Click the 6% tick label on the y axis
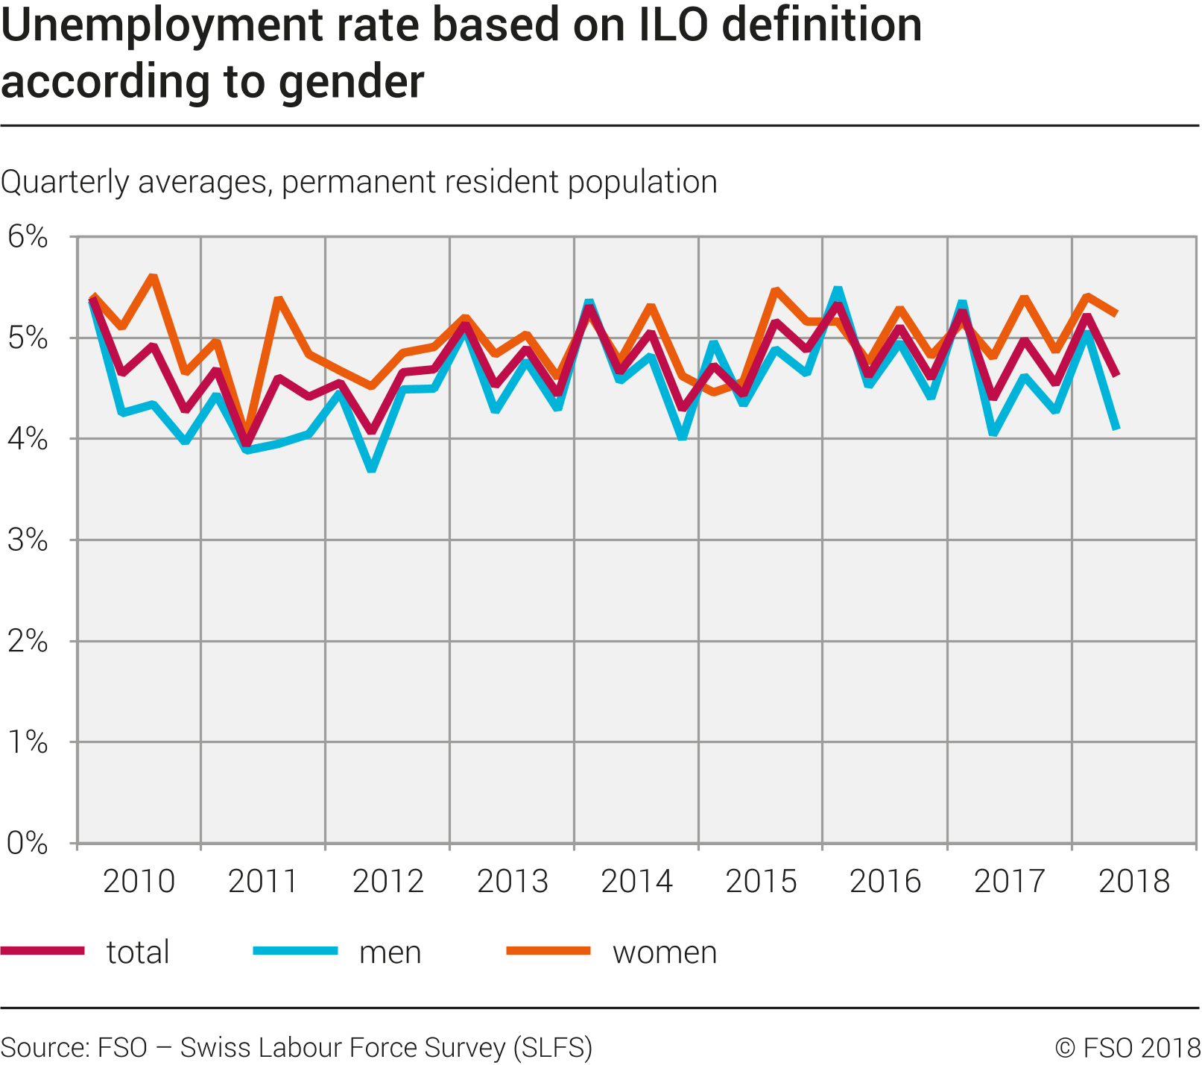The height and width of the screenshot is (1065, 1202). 28,238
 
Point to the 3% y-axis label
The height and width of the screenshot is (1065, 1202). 28,540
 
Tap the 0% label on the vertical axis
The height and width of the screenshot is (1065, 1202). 28,844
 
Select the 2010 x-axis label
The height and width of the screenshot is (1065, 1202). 139,882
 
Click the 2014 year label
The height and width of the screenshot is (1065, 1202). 636,882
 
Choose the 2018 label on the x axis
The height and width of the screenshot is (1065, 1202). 1134,882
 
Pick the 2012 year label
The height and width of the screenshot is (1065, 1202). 388,882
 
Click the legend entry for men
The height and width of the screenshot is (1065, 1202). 390,952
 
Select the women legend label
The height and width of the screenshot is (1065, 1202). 664,952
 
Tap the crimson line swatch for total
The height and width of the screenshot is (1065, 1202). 42,950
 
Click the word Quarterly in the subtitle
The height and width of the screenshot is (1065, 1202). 66,183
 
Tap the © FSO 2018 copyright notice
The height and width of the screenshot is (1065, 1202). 1127,1048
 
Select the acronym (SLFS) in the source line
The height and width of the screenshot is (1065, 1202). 552,1048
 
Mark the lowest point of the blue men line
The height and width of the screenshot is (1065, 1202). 372,470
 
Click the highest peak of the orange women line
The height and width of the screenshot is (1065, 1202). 153,277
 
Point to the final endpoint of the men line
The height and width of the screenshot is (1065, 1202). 1116,429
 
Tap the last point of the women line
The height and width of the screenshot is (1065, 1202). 1116,315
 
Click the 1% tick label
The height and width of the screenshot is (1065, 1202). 28,742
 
